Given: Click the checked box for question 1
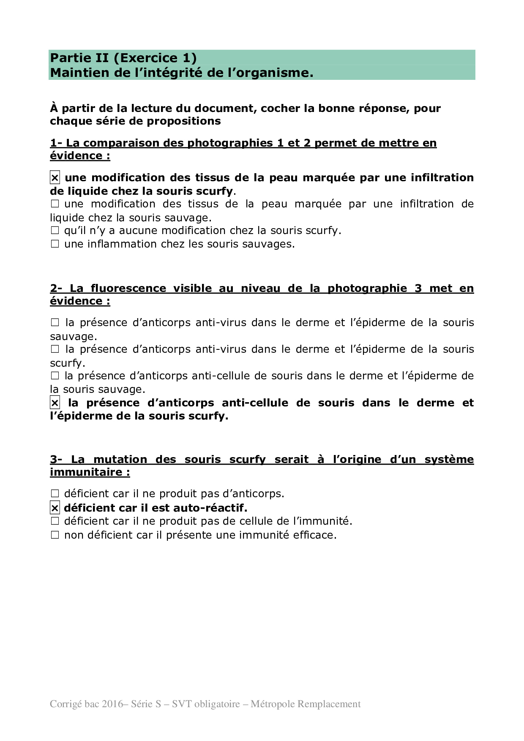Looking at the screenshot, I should coord(55,178).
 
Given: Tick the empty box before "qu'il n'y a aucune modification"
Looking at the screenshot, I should coord(55,231).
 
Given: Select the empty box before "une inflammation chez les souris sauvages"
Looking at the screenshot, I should coord(55,244).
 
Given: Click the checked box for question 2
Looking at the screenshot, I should coord(55,403).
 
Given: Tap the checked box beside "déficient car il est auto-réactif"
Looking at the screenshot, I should coord(55,508).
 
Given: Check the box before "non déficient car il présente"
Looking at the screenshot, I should coord(55,535).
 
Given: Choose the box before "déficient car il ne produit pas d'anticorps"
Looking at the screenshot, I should coord(55,494).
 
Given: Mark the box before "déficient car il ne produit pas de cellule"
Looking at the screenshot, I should coord(55,521).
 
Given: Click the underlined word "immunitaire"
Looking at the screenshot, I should coord(86,472).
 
